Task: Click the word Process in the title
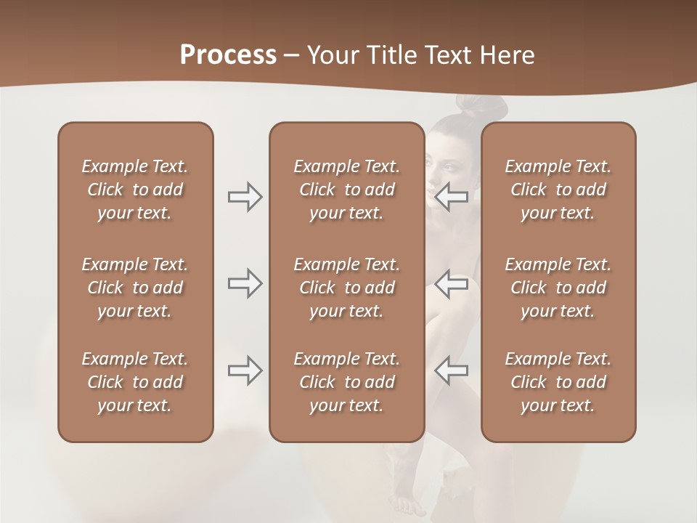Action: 228,55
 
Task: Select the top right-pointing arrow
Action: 245,197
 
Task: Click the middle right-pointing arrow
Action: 245,283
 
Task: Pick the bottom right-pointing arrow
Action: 245,370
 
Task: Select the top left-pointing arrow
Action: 452,197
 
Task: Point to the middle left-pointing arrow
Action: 452,283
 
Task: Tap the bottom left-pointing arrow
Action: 452,370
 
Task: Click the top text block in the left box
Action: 135,190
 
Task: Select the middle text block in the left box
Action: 135,288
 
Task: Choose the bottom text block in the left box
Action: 135,382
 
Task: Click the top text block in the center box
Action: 346,190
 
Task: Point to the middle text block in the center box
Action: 346,288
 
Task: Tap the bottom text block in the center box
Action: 346,382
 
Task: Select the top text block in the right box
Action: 558,190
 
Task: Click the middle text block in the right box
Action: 558,288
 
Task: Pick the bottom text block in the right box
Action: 558,382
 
